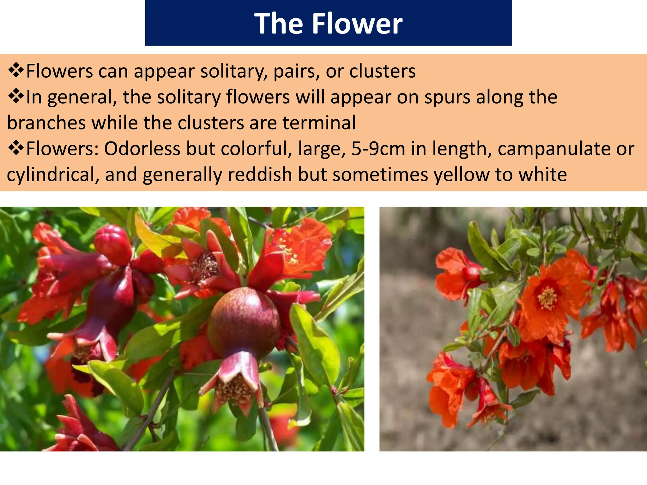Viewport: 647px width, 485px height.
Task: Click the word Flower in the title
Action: (x=357, y=24)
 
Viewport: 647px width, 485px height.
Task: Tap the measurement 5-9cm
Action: (x=378, y=149)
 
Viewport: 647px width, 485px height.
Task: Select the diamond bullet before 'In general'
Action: (x=16, y=97)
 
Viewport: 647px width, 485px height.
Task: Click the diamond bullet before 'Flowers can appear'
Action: (x=16, y=71)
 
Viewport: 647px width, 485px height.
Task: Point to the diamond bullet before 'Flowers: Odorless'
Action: (x=16, y=149)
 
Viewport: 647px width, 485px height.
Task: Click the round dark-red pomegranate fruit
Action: (x=243, y=322)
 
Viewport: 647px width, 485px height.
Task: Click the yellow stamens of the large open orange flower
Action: (x=547, y=298)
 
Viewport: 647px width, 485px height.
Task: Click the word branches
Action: (x=46, y=123)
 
